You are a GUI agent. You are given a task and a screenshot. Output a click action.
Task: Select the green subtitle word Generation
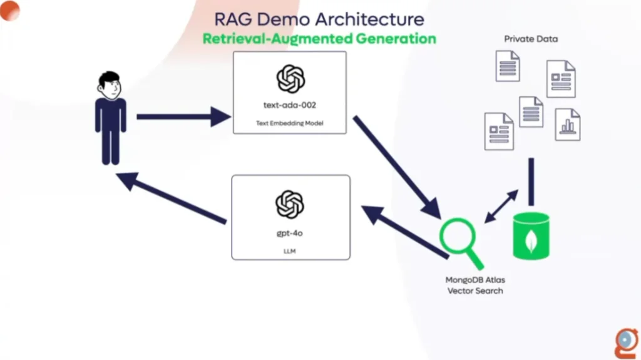(x=396, y=39)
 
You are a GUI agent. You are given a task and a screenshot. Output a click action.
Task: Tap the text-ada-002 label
(x=289, y=105)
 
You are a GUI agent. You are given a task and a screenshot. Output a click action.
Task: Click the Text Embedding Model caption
(x=289, y=123)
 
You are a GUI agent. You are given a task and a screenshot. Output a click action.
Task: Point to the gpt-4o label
(x=289, y=233)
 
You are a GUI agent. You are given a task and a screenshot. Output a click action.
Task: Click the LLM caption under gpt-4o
(x=289, y=251)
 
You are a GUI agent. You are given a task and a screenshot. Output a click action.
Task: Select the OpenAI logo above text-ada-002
(x=290, y=78)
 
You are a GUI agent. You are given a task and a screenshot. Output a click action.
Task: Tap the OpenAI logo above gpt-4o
(x=289, y=205)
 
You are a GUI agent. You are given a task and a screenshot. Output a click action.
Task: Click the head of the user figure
(x=109, y=85)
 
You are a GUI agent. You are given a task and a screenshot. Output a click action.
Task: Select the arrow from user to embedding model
(x=183, y=116)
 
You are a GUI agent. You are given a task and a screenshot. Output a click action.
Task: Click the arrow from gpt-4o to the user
(x=172, y=198)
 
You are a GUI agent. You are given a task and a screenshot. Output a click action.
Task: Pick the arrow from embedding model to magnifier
(x=397, y=167)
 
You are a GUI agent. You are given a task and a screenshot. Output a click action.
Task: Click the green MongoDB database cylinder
(x=531, y=236)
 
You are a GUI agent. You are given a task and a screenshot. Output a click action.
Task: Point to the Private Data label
(x=531, y=39)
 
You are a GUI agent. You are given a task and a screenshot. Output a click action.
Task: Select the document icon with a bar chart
(x=567, y=125)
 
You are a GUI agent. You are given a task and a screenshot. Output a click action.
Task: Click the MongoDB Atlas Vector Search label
(x=475, y=285)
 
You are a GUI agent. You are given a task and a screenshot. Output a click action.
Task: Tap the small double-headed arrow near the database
(x=501, y=206)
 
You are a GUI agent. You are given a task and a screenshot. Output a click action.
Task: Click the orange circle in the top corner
(x=10, y=11)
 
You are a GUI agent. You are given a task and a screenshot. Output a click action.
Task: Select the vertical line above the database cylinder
(x=531, y=182)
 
